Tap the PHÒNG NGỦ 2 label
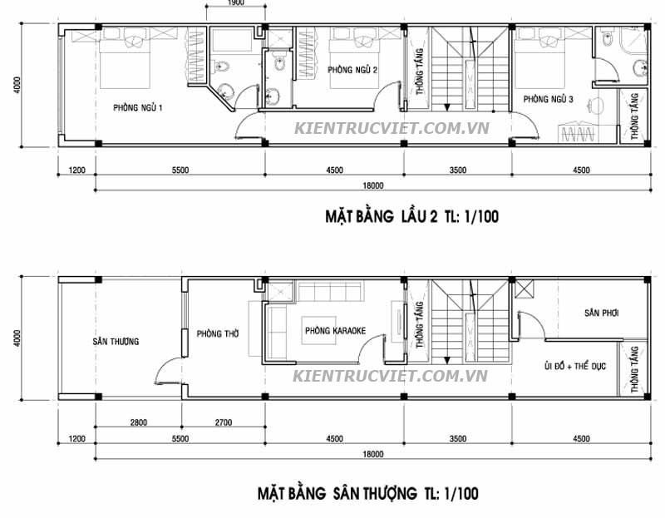(x=352, y=71)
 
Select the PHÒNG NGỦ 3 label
(x=548, y=99)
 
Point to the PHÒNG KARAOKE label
(x=335, y=330)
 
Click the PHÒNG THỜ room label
(x=218, y=333)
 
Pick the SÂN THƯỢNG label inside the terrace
(x=116, y=342)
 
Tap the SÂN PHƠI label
(x=602, y=313)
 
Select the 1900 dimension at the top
(x=234, y=3)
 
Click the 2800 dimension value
(x=138, y=422)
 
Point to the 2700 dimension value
(x=222, y=422)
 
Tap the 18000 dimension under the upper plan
(x=372, y=185)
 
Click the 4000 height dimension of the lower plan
(x=17, y=337)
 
